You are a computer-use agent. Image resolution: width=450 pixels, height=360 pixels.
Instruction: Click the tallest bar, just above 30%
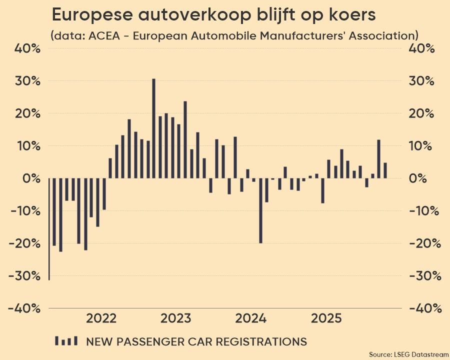tap(153, 128)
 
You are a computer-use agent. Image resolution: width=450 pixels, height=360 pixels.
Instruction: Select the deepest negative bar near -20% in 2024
tap(260, 210)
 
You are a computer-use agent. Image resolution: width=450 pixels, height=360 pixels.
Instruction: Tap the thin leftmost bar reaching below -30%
tap(49, 229)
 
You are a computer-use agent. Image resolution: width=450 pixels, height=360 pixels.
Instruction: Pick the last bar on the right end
tap(385, 170)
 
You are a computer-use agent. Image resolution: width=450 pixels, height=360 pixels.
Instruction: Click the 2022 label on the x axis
tap(101, 318)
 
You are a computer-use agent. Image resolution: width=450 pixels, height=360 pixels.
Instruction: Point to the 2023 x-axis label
tap(175, 318)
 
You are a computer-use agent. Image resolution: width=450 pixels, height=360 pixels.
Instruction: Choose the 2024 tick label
tap(250, 318)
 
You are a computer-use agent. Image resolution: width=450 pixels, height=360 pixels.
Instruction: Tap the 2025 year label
tap(326, 318)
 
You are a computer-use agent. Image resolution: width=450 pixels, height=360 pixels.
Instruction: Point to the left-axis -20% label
tap(24, 243)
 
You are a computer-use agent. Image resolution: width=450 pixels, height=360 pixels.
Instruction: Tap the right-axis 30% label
tap(421, 81)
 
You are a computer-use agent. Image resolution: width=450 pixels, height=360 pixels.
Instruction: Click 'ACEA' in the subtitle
tap(104, 36)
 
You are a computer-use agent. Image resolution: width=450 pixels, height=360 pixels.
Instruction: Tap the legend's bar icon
tap(66, 341)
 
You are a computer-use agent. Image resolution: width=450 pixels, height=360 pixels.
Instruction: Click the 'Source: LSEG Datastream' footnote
tap(408, 354)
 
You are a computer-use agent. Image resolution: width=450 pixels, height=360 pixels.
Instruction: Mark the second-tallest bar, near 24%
tap(185, 140)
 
